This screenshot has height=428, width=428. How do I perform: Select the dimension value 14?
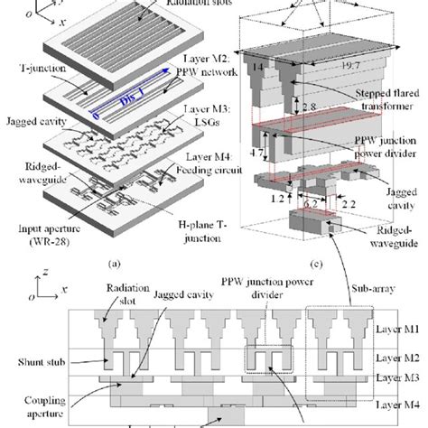pyautogui.click(x=260, y=67)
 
